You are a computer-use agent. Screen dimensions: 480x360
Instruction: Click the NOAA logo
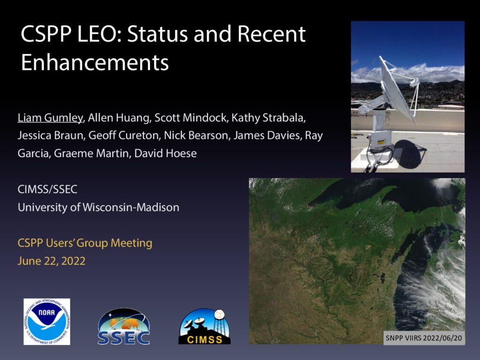47,322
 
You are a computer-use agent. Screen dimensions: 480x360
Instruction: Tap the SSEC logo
124,327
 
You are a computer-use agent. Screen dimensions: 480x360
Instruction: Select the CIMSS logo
204,326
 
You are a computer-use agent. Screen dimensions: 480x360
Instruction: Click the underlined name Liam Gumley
50,118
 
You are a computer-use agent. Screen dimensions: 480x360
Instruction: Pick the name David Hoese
165,153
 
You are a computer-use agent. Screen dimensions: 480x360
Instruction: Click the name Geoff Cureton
124,135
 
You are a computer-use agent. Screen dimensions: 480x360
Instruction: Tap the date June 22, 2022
52,261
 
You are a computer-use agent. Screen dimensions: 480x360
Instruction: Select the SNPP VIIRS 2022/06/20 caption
424,338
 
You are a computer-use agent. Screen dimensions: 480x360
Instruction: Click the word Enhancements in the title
95,63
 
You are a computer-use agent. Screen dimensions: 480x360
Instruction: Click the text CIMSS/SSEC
47,189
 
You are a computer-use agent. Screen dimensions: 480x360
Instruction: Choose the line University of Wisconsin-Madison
98,208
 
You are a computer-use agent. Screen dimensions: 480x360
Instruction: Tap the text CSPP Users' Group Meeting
85,243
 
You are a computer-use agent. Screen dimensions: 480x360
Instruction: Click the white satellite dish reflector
396,89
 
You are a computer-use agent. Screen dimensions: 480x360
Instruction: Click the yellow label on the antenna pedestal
381,142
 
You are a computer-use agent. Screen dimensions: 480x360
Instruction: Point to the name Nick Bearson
196,135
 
